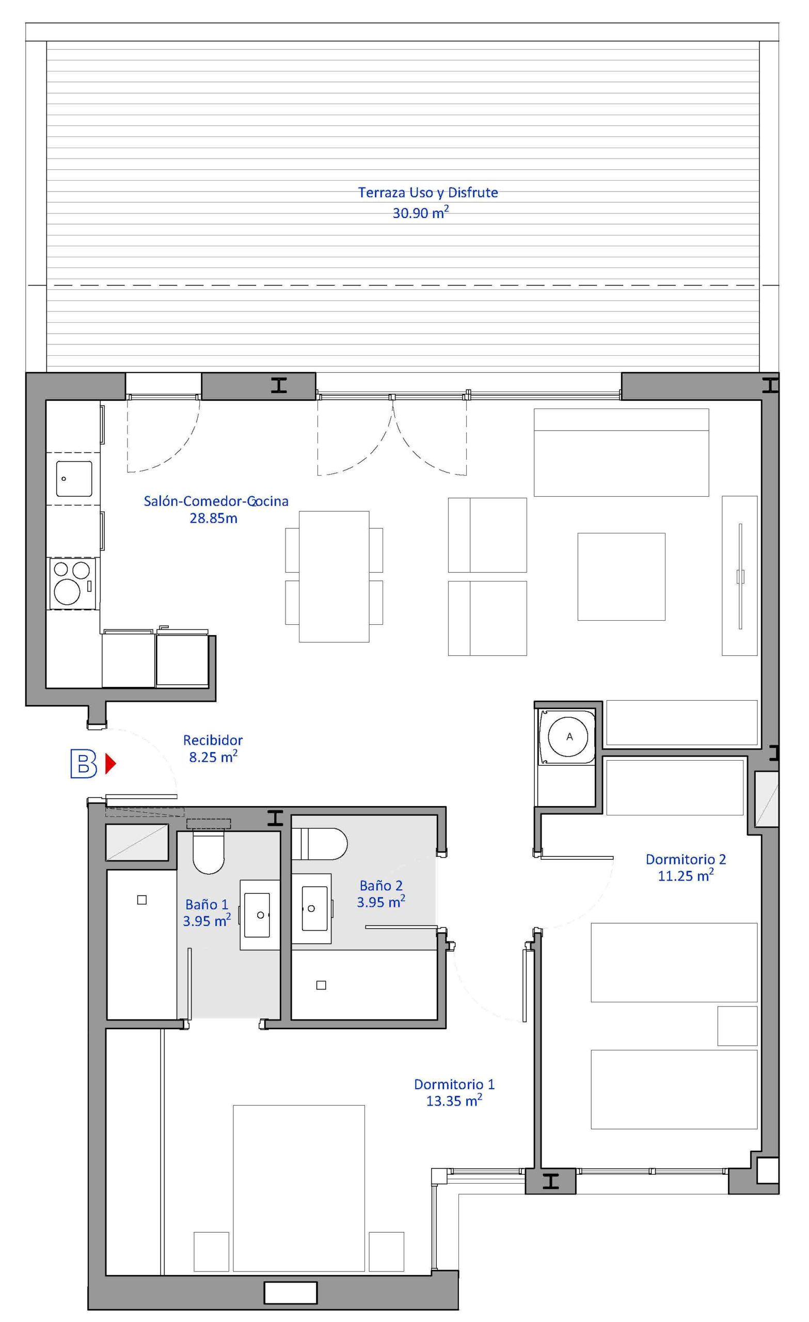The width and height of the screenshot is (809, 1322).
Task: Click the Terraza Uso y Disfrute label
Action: (427, 193)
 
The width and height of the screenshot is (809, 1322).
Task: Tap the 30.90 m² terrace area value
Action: (421, 212)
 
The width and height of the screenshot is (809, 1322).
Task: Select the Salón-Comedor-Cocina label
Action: (216, 501)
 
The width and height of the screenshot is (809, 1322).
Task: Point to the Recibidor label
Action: (213, 740)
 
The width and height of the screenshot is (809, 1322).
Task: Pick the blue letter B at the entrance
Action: (84, 765)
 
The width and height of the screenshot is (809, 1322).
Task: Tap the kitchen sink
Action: (74, 479)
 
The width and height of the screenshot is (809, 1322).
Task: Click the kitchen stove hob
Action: (73, 583)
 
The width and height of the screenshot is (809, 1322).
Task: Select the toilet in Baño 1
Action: (208, 852)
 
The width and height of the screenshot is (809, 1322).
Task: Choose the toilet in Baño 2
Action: (320, 843)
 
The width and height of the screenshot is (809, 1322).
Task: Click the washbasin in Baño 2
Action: (315, 908)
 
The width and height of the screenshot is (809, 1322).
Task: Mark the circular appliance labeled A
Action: (569, 737)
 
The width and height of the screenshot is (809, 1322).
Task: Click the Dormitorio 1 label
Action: (454, 1084)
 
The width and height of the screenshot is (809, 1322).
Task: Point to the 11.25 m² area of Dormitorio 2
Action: (686, 876)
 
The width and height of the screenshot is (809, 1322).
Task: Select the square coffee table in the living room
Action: (621, 577)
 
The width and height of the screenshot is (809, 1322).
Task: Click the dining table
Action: (334, 576)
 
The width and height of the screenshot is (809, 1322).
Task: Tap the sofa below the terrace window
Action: (621, 452)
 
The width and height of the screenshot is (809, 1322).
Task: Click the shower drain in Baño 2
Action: (321, 985)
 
